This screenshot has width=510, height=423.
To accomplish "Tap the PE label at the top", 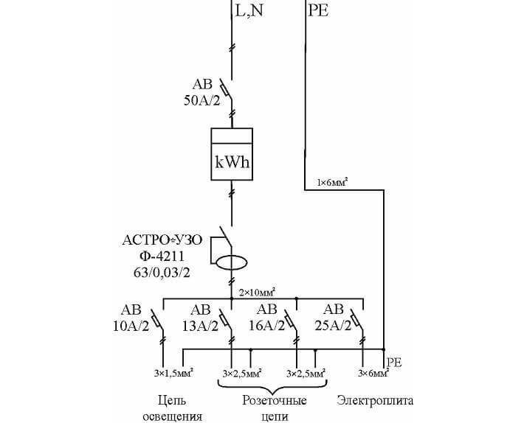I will coord(318,12).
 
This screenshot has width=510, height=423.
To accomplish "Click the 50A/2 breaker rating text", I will coord(202,101).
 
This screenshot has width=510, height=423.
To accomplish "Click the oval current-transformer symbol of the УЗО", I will coord(232,262).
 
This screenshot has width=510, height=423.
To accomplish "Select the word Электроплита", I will coord(375,401).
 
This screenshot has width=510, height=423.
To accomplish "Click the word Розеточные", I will coord(272,401).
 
